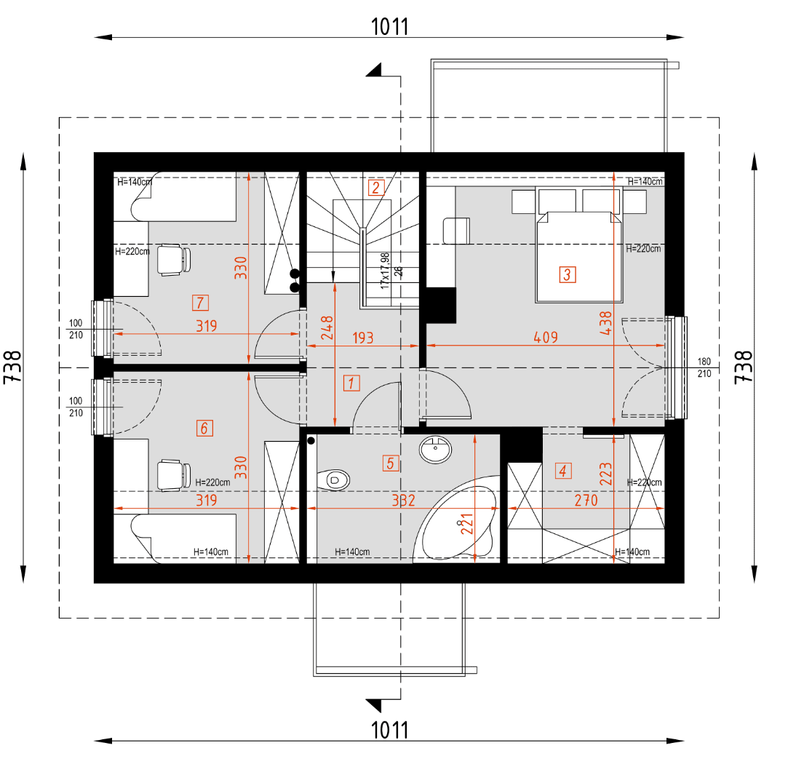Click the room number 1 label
(x=351, y=383)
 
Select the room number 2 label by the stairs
(x=375, y=188)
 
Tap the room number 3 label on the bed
(x=567, y=275)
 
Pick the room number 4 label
(x=562, y=471)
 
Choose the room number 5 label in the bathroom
(x=391, y=462)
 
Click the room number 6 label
(x=204, y=428)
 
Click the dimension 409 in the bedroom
(x=545, y=338)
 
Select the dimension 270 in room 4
(x=586, y=501)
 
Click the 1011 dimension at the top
(x=390, y=27)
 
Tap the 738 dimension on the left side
(x=13, y=367)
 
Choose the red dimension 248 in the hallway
(x=326, y=328)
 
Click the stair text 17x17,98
(x=385, y=271)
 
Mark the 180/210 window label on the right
(x=704, y=367)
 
